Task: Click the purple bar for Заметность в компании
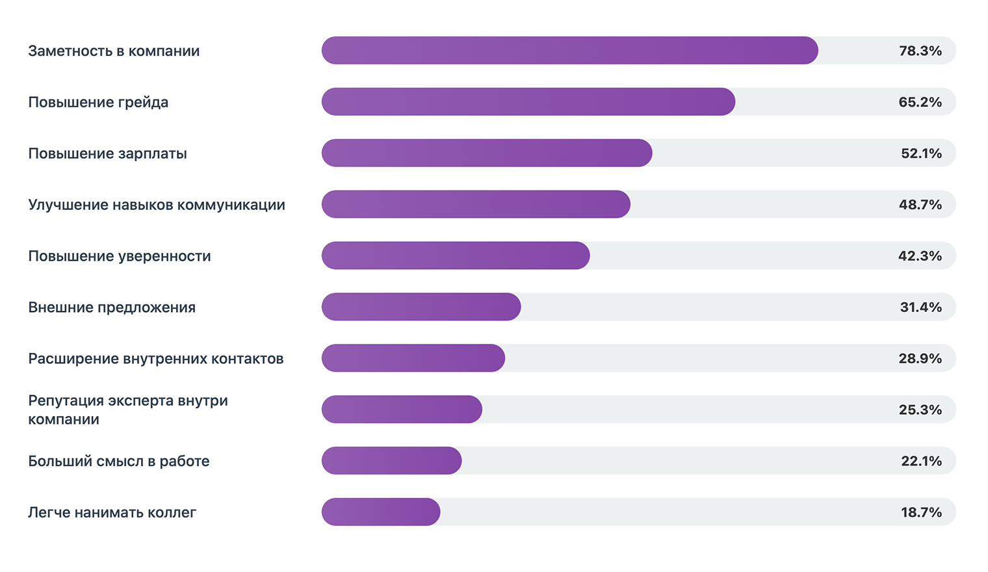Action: [x=569, y=51]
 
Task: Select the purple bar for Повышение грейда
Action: [x=528, y=102]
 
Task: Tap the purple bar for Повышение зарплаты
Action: [x=486, y=153]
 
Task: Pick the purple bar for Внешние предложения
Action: [x=421, y=307]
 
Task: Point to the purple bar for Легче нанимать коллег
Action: [x=380, y=512]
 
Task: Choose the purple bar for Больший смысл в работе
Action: [x=391, y=461]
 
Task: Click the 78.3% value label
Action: [x=920, y=51]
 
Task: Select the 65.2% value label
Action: [x=920, y=102]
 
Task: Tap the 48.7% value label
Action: [x=920, y=205]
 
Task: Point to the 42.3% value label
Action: [x=920, y=256]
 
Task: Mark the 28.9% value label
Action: [x=920, y=358]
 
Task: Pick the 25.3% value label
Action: [x=920, y=409]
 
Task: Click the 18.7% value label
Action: [x=921, y=512]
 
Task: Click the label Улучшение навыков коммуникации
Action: [x=157, y=205]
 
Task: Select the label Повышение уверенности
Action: [x=120, y=256]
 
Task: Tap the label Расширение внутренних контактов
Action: [x=156, y=358]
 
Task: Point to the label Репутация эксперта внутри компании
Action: [x=128, y=409]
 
